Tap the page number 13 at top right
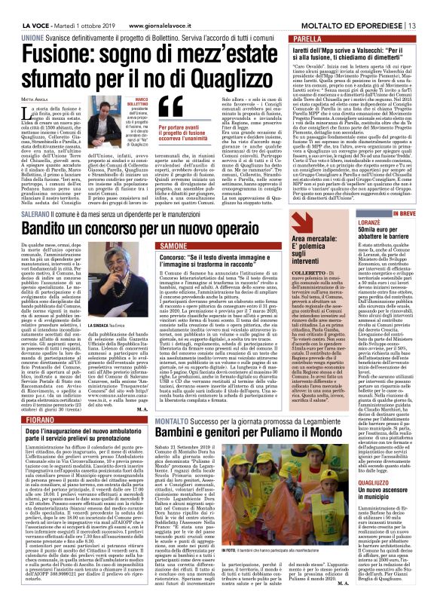point(426,7)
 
